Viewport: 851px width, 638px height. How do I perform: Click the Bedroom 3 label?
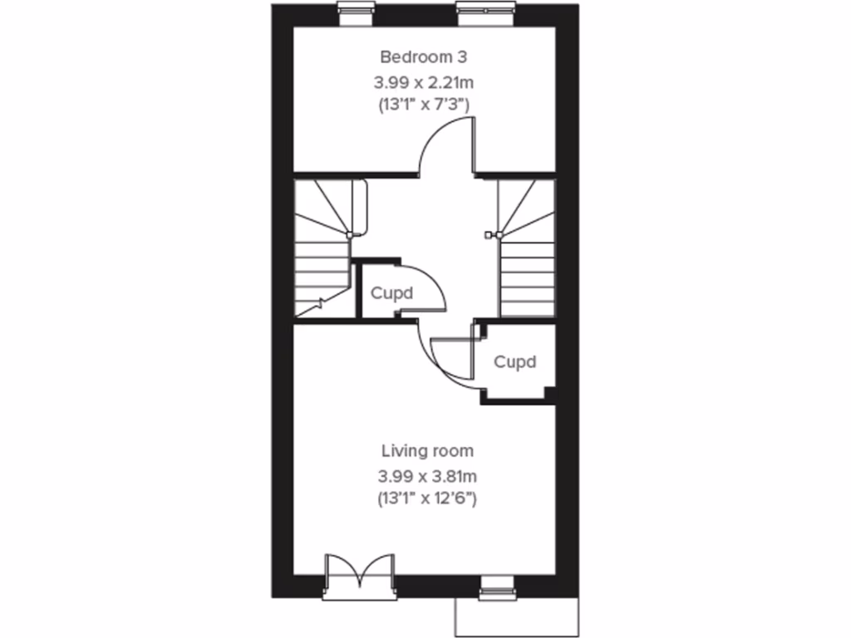[x=424, y=57]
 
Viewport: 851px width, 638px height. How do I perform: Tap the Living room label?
[x=427, y=451]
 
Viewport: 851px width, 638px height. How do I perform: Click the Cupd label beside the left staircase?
[x=391, y=293]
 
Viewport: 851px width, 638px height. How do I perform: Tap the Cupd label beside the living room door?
[x=514, y=362]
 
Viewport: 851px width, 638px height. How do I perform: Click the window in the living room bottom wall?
[x=499, y=590]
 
